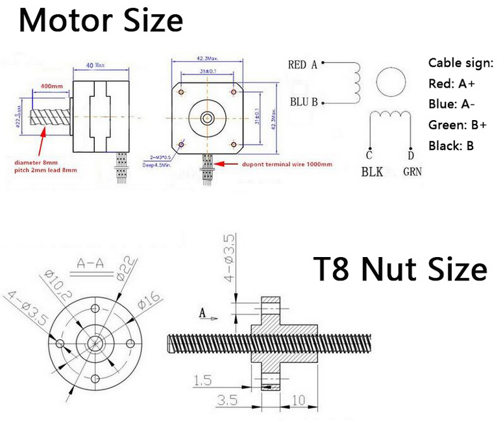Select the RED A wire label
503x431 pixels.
[x=302, y=64]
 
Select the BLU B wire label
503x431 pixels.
[x=302, y=102]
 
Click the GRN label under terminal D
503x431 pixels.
[x=413, y=172]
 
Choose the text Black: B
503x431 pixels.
[x=451, y=145]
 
